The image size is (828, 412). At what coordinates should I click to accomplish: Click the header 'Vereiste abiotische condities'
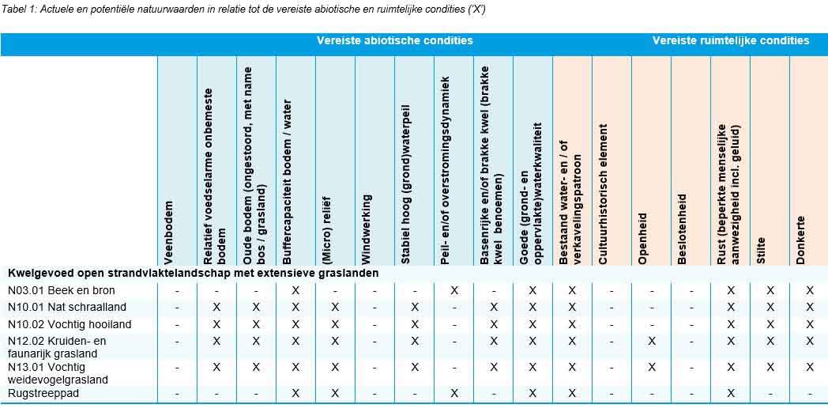[x=395, y=40]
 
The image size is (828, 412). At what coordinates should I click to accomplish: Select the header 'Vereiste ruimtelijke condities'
[x=730, y=40]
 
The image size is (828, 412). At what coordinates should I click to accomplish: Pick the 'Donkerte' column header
[x=801, y=240]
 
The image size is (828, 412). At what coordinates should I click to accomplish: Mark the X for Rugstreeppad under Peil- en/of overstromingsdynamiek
[x=454, y=393]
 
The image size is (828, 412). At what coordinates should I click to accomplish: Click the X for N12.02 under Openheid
[x=651, y=341]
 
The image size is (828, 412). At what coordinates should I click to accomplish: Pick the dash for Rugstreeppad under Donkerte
[x=810, y=393]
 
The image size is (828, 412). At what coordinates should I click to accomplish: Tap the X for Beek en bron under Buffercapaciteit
[x=295, y=290]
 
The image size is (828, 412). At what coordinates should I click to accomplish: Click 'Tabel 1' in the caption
[x=18, y=9]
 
